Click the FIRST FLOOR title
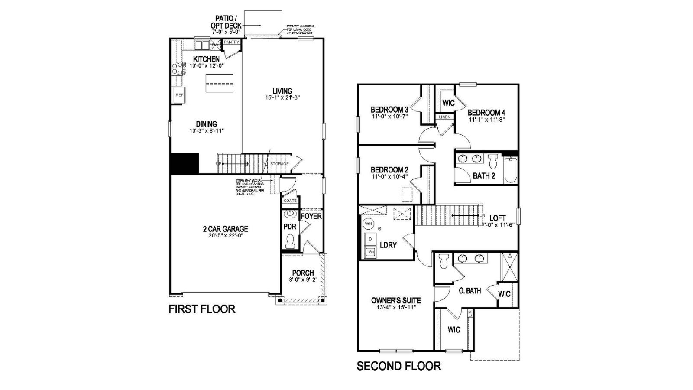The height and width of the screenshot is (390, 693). (201, 309)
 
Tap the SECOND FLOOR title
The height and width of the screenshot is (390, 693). (398, 366)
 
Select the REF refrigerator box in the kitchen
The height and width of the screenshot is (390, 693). (179, 95)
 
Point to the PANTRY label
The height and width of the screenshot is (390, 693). (231, 42)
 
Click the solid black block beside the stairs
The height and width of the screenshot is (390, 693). (185, 163)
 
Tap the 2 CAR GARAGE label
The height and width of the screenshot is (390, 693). (225, 229)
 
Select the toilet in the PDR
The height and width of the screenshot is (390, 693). (290, 241)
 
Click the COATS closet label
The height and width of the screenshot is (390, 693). (290, 201)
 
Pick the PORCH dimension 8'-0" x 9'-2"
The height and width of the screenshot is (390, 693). (303, 279)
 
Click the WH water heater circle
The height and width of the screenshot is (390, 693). (369, 224)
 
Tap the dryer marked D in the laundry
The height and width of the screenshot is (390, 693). (370, 239)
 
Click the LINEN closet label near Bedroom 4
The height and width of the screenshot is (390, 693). (445, 117)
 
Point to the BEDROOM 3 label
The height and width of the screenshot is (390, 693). (389, 109)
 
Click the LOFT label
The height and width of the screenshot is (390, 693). (497, 218)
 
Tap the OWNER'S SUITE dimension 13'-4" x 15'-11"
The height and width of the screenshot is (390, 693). (396, 308)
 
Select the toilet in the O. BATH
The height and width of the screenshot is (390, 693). (443, 261)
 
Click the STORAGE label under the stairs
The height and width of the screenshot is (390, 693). (279, 164)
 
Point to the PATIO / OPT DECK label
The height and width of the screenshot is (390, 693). (226, 22)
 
